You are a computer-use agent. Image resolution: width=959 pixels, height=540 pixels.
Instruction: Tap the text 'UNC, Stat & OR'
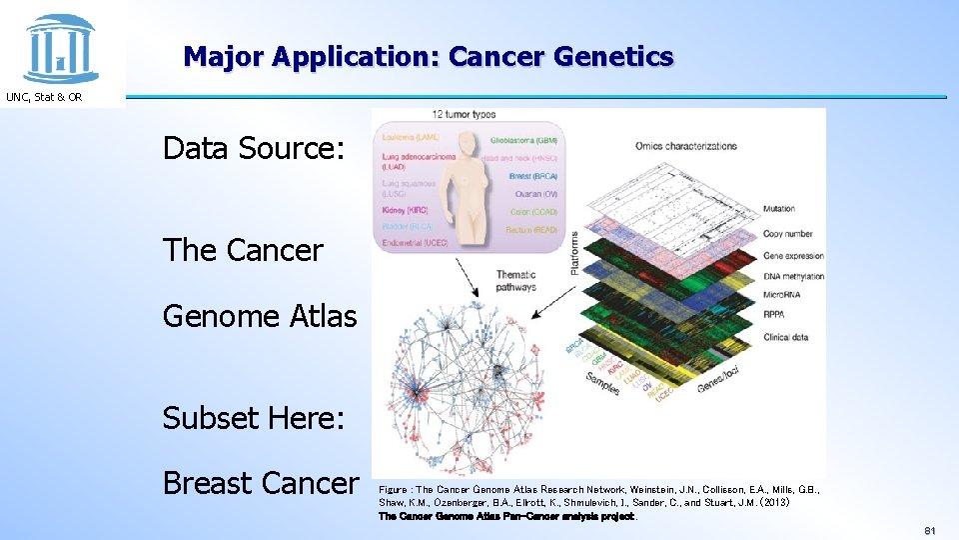pyautogui.click(x=45, y=97)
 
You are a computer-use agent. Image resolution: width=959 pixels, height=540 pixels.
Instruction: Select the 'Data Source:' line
pyautogui.click(x=254, y=149)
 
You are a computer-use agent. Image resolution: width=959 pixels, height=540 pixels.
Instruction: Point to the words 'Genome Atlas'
pyautogui.click(x=260, y=316)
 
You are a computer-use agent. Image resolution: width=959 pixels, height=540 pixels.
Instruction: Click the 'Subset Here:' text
pyautogui.click(x=254, y=416)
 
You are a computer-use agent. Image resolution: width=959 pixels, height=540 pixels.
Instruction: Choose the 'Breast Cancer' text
pyautogui.click(x=260, y=483)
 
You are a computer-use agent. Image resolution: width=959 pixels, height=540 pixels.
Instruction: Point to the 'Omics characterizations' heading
pyautogui.click(x=685, y=146)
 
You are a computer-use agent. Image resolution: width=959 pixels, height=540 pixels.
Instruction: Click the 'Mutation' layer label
pyautogui.click(x=779, y=209)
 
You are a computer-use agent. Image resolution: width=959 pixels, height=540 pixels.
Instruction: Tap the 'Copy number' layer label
pyautogui.click(x=787, y=233)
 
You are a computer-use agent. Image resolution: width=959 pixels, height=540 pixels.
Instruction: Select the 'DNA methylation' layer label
pyautogui.click(x=793, y=275)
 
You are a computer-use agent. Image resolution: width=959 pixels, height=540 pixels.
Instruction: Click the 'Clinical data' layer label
pyautogui.click(x=785, y=337)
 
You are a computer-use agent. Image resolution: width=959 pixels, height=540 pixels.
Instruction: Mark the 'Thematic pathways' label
pyautogui.click(x=515, y=281)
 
